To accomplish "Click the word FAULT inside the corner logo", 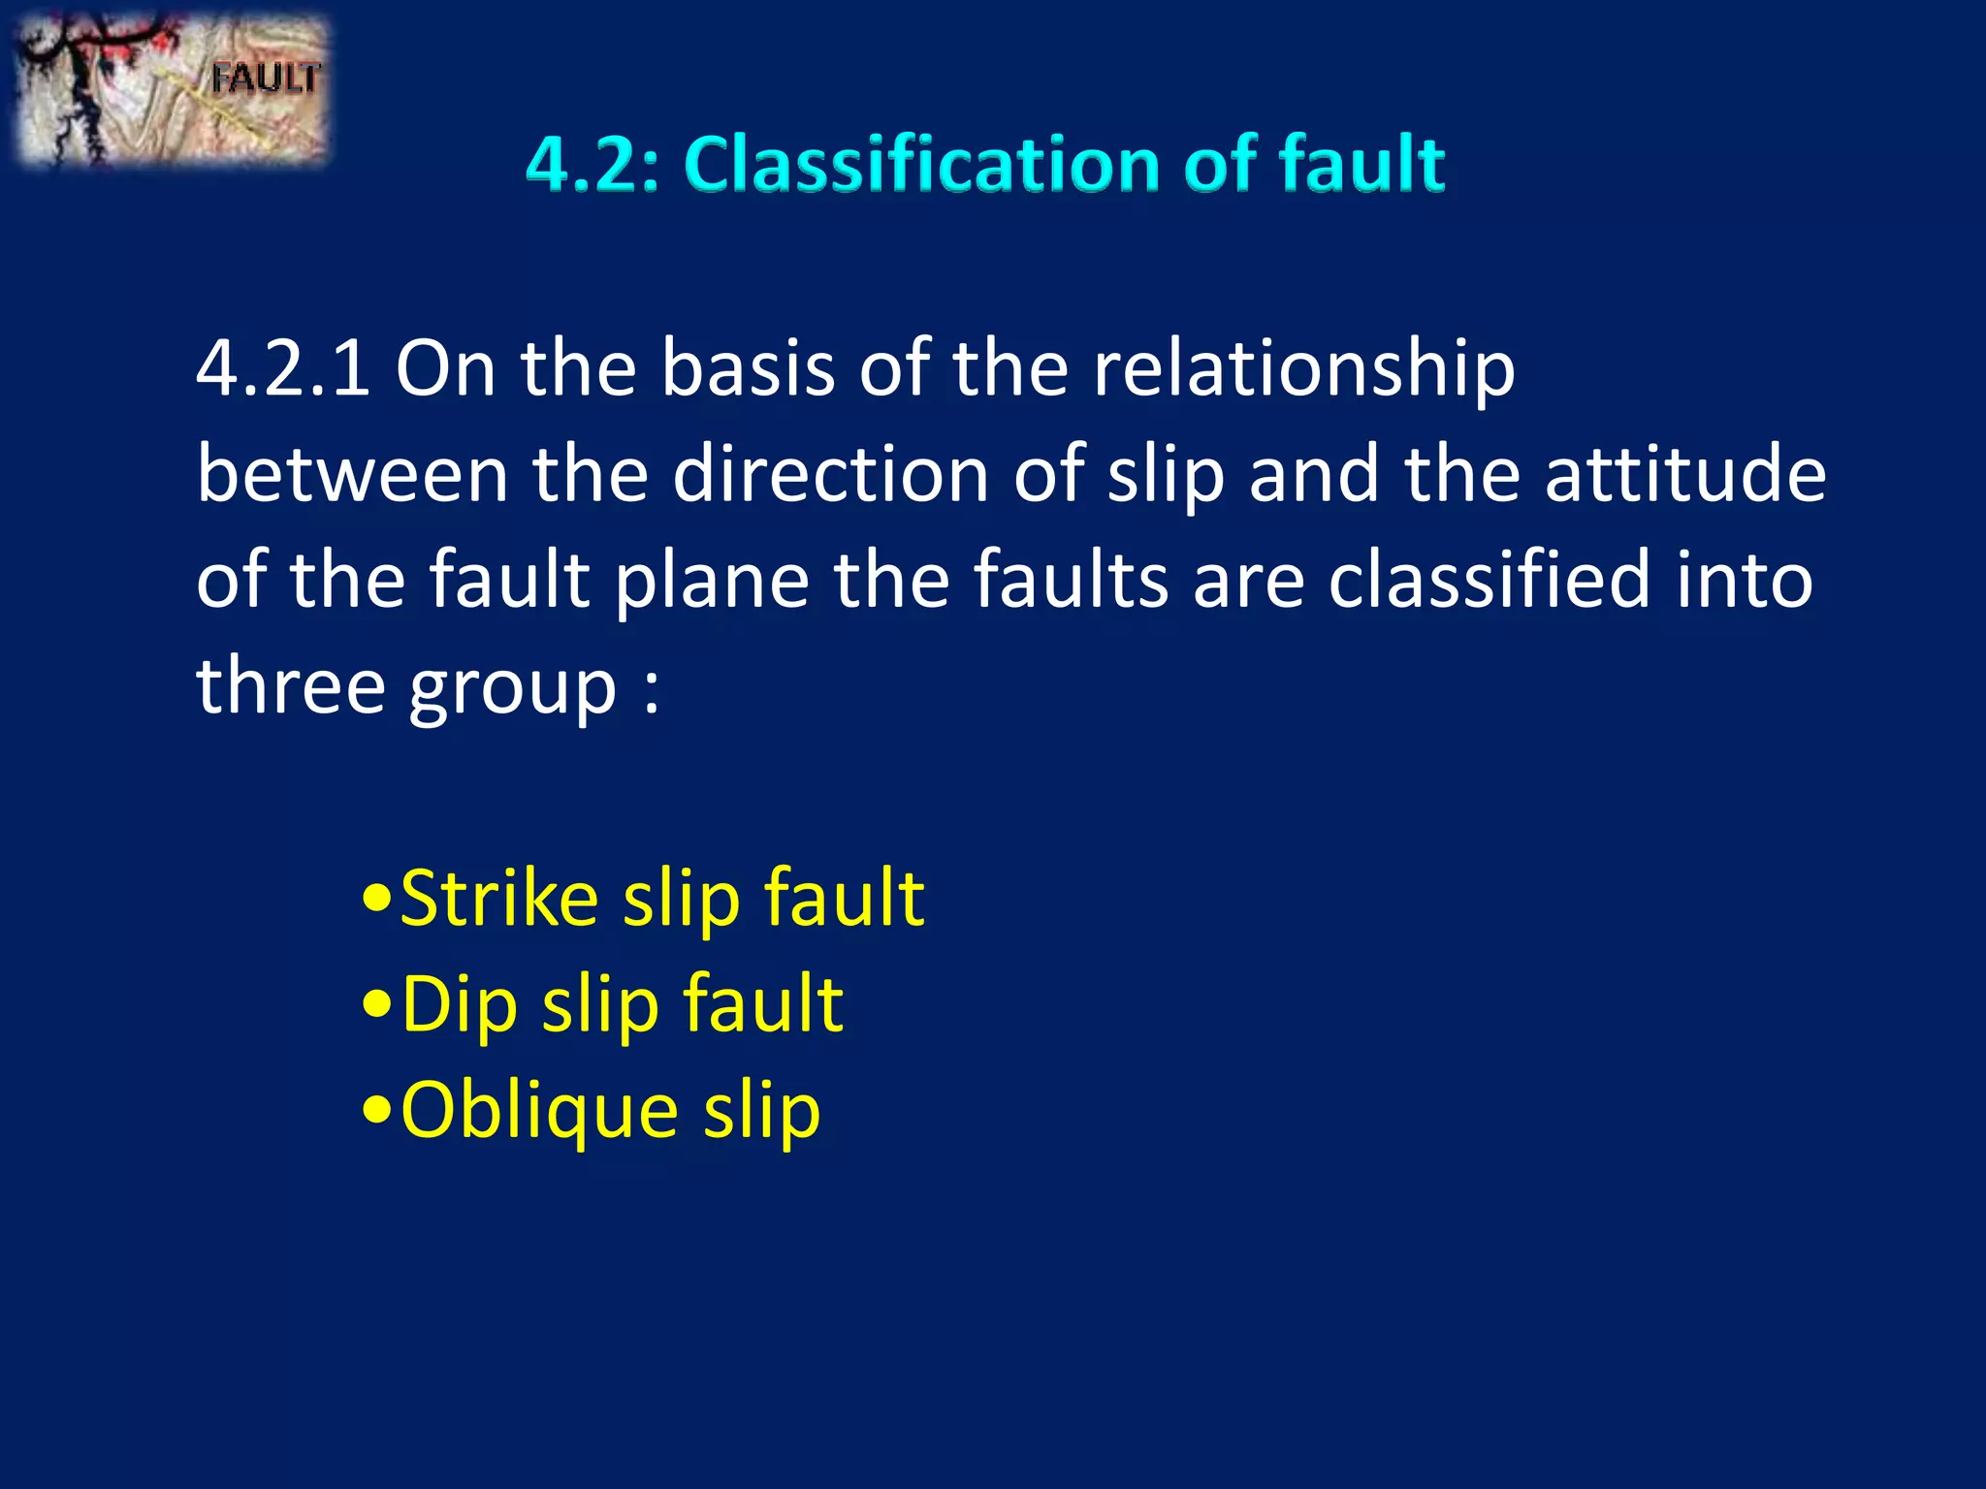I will click(266, 79).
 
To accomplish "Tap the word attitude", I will click(1685, 474).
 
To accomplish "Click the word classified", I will click(1489, 580).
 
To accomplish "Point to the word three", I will click(291, 685).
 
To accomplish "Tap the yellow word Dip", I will click(460, 1006).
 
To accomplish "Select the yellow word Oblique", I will click(539, 1112).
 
